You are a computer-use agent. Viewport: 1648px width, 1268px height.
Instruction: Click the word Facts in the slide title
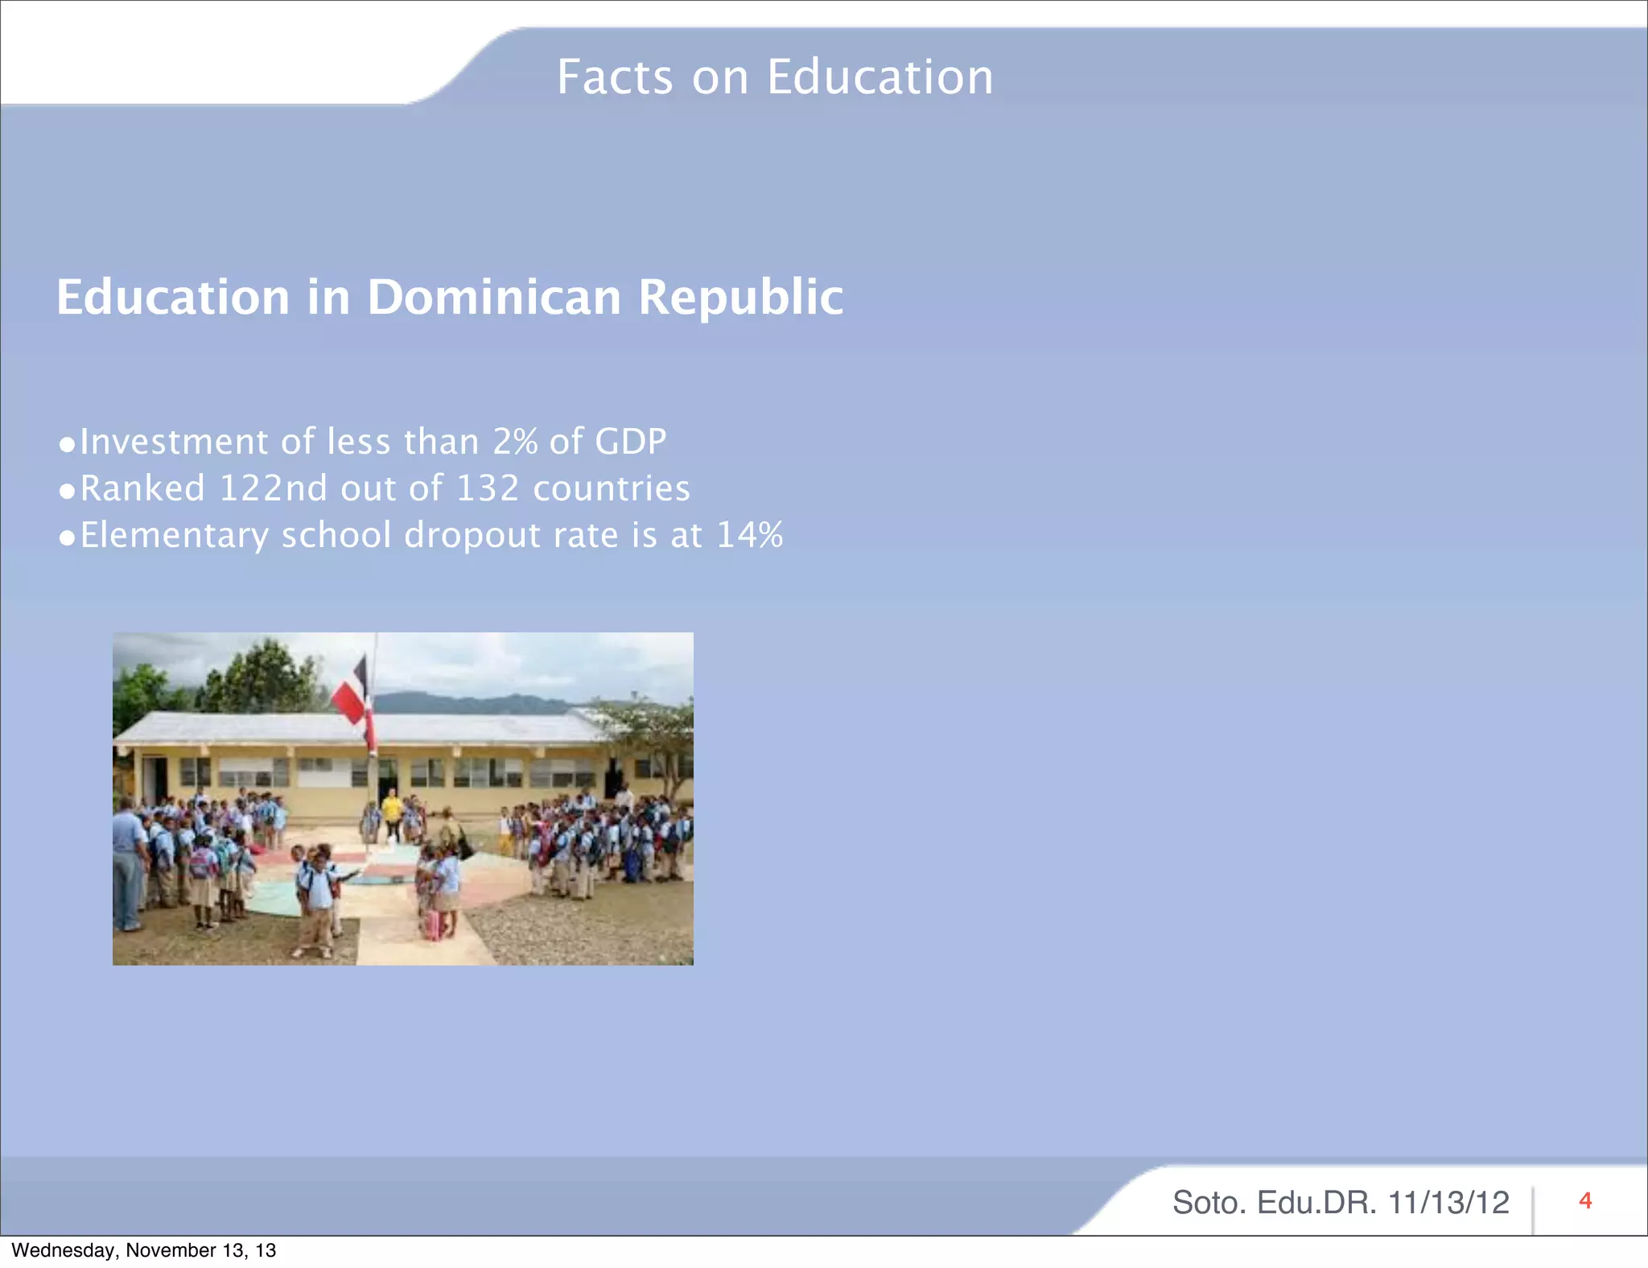(x=615, y=77)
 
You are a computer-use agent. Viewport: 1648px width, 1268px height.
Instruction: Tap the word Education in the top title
(x=880, y=77)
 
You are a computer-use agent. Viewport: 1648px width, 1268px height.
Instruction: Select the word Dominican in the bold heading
(x=494, y=297)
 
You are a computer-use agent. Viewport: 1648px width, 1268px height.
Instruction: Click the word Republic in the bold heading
(x=740, y=297)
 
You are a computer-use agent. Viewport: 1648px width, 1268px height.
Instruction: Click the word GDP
(x=630, y=442)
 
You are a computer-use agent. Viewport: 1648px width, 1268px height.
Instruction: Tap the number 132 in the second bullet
(x=488, y=488)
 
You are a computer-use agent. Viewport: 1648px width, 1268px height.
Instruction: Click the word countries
(x=612, y=488)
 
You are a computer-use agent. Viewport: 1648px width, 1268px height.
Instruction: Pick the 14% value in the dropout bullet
(x=749, y=535)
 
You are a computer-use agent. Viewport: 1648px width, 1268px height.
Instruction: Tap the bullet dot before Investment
(x=68, y=444)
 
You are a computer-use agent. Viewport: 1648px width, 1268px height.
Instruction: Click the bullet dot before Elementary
(x=68, y=537)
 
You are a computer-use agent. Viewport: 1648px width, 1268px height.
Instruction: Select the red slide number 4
(x=1585, y=1201)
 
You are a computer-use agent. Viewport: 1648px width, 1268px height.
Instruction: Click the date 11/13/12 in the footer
(x=1448, y=1203)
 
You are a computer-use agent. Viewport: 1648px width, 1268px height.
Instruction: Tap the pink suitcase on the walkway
(x=432, y=924)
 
